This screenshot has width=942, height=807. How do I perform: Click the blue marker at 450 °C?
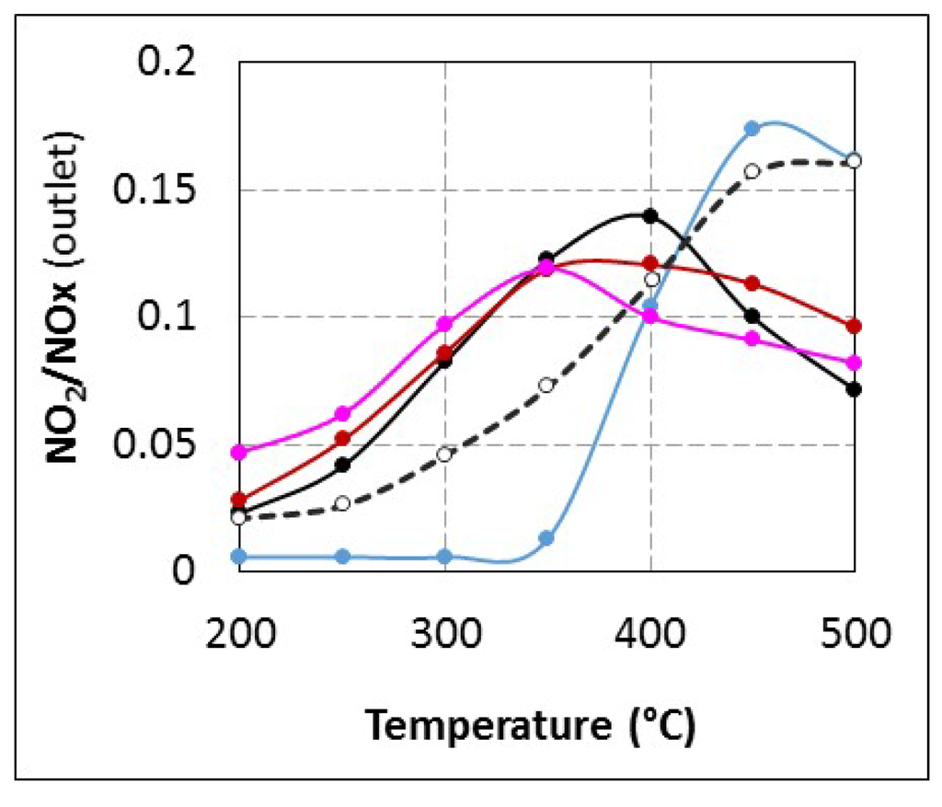pos(752,128)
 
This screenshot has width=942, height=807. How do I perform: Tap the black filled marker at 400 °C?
pos(650,216)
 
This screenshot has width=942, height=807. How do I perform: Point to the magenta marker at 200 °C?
pos(239,452)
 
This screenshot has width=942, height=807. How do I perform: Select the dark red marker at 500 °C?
pos(854,326)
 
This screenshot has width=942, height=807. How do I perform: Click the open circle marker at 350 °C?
pos(546,385)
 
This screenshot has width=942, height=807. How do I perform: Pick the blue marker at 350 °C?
pos(546,538)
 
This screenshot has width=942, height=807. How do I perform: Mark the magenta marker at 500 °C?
pos(854,363)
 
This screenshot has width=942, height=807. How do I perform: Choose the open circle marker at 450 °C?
pos(752,171)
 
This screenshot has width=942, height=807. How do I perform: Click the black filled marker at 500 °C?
pos(854,389)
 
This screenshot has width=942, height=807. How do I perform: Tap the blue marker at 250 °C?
pos(342,556)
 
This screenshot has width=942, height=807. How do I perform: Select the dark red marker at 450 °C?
pos(752,282)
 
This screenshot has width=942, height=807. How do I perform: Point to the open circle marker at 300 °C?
pos(445,454)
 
